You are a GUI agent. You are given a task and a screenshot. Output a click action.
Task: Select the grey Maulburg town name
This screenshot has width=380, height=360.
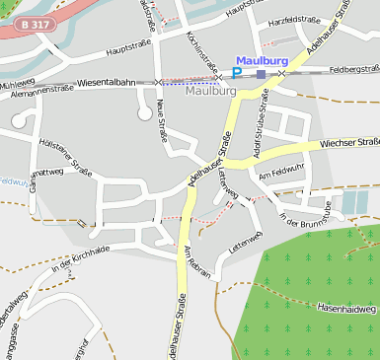click(210, 91)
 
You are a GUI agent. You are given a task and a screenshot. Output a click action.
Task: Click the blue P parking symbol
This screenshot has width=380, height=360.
click(237, 72)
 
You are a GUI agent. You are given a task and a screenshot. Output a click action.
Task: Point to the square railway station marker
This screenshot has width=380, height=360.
click(261, 74)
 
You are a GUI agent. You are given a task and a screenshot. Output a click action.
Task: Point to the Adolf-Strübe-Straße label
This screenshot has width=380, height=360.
click(260, 124)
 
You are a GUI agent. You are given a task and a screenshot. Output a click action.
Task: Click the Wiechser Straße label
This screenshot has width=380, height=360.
click(348, 143)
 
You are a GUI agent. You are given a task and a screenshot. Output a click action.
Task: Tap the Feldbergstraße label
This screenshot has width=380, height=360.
click(353, 69)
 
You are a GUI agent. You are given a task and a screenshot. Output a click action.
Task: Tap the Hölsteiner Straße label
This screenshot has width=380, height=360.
click(65, 159)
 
